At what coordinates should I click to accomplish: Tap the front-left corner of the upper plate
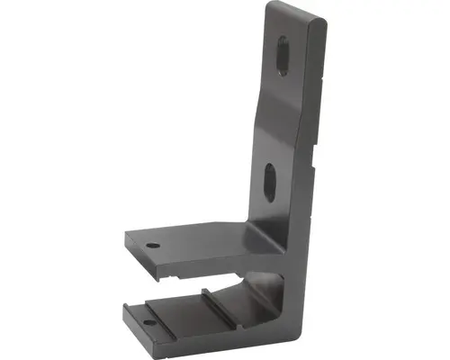127,239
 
